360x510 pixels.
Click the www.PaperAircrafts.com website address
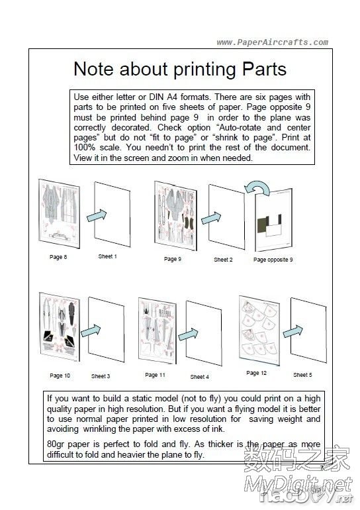[272, 42]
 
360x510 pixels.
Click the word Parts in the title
[264, 69]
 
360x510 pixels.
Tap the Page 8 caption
[58, 257]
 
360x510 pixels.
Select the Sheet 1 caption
[108, 256]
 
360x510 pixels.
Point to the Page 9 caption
[173, 259]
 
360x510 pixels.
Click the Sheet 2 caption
[223, 260]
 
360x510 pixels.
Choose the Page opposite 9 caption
[273, 260]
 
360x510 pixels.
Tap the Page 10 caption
[60, 376]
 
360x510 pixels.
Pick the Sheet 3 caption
[101, 376]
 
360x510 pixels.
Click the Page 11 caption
[155, 375]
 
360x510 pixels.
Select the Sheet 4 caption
[199, 377]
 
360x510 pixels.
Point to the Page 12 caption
[256, 373]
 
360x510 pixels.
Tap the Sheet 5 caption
[302, 375]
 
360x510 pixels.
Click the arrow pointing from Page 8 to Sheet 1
[97, 216]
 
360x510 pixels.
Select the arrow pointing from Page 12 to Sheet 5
[292, 331]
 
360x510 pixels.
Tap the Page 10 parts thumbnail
[60, 327]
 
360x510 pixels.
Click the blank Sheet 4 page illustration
[204, 333]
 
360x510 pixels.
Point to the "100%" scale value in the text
[85, 147]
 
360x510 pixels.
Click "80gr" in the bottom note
[56, 444]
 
